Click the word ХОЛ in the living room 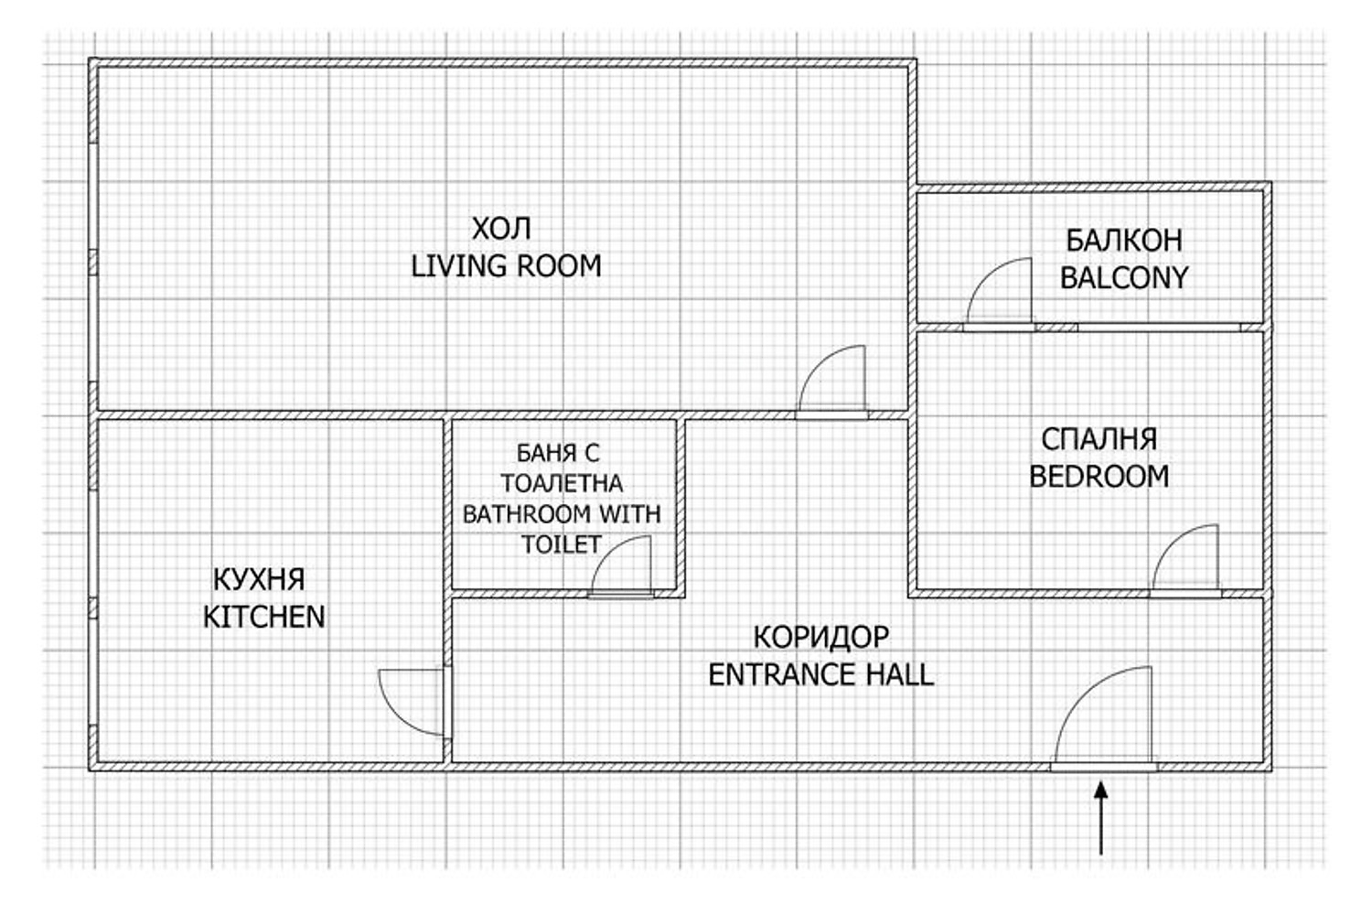pyautogui.click(x=501, y=229)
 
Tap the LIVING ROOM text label pyautogui.click(x=506, y=266)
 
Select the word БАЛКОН pyautogui.click(x=1124, y=241)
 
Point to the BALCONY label pyautogui.click(x=1124, y=277)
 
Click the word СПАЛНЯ pyautogui.click(x=1099, y=439)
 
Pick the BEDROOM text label pyautogui.click(x=1099, y=477)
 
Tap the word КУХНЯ pyautogui.click(x=259, y=580)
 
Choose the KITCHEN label pyautogui.click(x=264, y=618)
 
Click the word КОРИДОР pyautogui.click(x=820, y=638)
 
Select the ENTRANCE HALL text pyautogui.click(x=820, y=674)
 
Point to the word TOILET pyautogui.click(x=561, y=544)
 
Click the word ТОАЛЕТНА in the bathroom pyautogui.click(x=562, y=483)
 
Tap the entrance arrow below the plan pyautogui.click(x=1101, y=818)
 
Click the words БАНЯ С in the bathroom pyautogui.click(x=558, y=453)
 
